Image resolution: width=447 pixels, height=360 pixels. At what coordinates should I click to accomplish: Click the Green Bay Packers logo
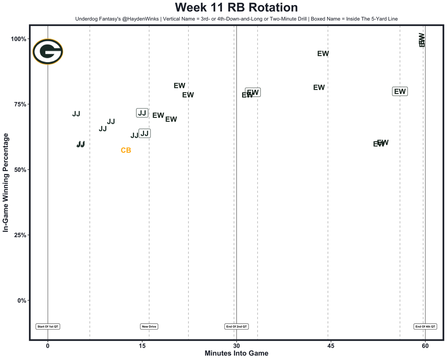[x=48, y=52]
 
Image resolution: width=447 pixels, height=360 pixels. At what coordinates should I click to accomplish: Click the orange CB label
[x=126, y=150]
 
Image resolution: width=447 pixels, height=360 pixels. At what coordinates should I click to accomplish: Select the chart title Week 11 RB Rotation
[x=236, y=8]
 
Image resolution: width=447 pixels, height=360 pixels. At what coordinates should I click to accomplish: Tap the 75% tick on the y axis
[x=20, y=104]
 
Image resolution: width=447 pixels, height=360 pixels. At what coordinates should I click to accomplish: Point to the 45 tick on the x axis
[x=331, y=346]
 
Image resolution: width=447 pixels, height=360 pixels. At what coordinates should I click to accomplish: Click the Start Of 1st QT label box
[x=48, y=326]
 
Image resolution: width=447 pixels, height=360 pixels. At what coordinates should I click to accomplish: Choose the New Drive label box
[x=149, y=326]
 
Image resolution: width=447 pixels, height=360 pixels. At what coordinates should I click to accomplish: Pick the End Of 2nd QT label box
[x=237, y=326]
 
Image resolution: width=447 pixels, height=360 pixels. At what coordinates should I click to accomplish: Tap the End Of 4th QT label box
[x=425, y=326]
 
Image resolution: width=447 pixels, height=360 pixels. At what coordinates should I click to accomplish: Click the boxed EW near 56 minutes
[x=400, y=91]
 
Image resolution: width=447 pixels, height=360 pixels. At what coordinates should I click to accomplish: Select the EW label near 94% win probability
[x=323, y=54]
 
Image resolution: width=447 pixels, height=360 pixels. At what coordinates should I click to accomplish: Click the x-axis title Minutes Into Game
[x=236, y=353]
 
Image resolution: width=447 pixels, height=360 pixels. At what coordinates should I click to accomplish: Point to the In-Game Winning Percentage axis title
[x=6, y=183]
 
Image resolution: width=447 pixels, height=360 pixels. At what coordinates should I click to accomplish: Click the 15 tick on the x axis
[x=142, y=346]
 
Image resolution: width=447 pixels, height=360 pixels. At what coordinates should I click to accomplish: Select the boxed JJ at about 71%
[x=142, y=113]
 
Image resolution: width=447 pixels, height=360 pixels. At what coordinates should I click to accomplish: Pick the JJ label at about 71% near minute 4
[x=76, y=114]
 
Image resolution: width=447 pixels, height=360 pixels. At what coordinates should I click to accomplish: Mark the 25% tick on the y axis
[x=20, y=235]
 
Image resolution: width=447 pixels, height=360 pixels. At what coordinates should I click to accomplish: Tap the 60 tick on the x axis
[x=425, y=346]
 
